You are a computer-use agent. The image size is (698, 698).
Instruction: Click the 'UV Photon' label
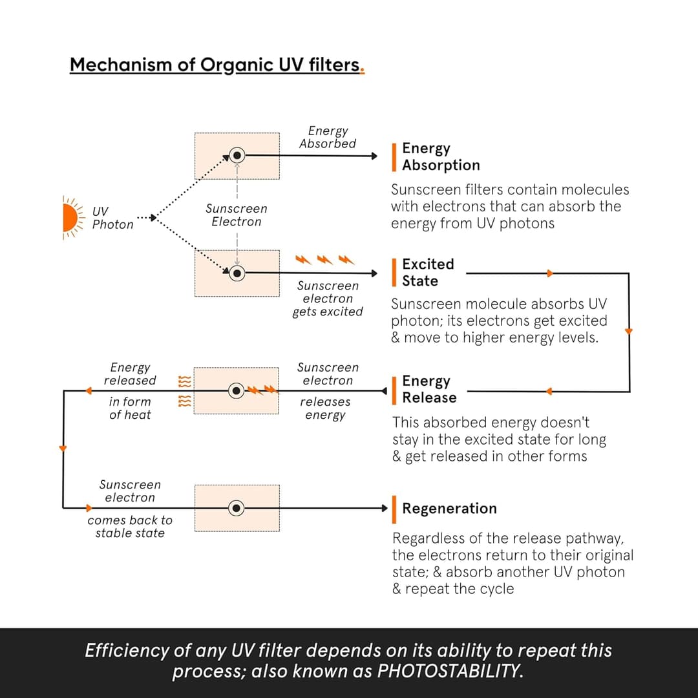(112, 218)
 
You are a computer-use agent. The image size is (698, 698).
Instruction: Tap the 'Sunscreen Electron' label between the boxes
(237, 215)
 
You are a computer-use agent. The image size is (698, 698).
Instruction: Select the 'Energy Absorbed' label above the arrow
(328, 138)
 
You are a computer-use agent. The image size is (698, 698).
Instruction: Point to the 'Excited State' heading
(428, 273)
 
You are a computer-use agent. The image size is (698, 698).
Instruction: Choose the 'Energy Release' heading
(429, 389)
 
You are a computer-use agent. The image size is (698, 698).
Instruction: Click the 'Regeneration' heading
(449, 509)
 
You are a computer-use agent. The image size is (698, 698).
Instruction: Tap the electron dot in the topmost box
(237, 156)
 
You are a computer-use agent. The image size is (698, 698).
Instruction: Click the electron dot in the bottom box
(237, 508)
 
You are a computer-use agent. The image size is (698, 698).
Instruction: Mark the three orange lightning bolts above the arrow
(325, 260)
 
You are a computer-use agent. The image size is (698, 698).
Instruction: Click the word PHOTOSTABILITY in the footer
(449, 671)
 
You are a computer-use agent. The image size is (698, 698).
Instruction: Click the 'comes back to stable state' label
(130, 527)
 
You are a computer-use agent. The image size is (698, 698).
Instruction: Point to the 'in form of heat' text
(130, 408)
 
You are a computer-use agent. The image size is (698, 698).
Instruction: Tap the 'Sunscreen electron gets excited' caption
(328, 299)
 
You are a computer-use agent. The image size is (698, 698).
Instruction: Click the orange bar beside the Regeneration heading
(394, 509)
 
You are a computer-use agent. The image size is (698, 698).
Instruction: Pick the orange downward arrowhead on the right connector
(628, 332)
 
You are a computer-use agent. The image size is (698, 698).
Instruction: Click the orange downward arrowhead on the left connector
(63, 448)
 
